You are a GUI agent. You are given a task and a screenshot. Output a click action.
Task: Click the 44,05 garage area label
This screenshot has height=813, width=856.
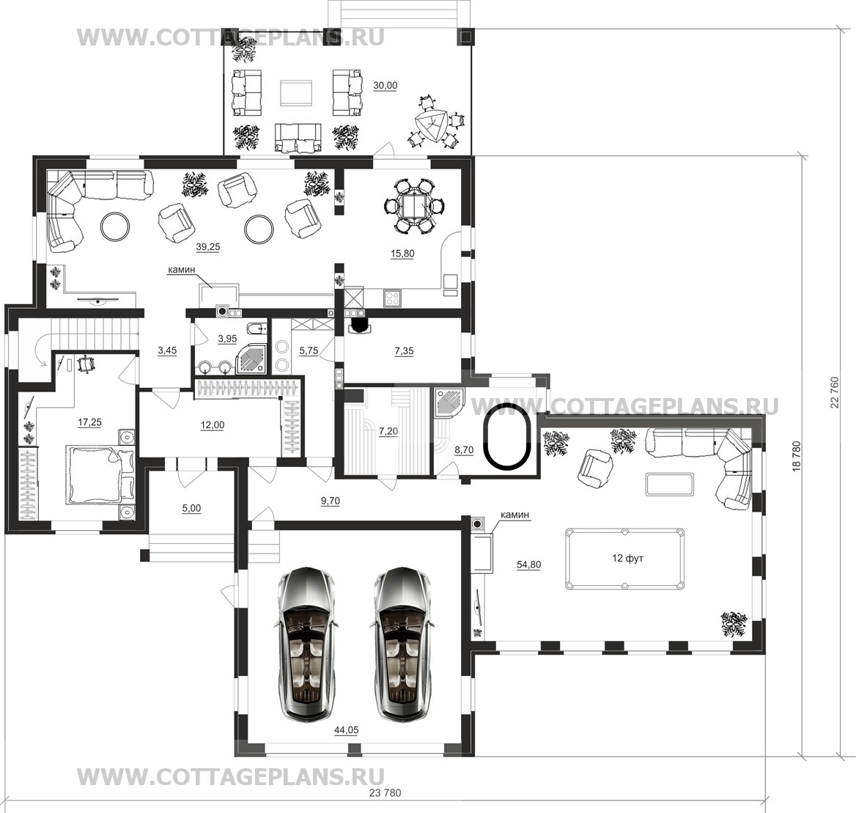point(346,730)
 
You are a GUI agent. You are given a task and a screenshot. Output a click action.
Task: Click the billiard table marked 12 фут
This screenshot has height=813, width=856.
point(624,559)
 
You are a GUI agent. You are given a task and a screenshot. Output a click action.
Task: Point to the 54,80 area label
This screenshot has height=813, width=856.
point(528,565)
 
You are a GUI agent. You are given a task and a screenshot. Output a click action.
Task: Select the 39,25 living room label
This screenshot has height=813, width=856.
point(208,247)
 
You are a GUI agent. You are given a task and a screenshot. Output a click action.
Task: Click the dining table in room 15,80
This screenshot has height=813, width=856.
point(414,207)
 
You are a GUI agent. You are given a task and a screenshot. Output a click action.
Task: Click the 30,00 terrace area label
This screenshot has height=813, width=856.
point(385,86)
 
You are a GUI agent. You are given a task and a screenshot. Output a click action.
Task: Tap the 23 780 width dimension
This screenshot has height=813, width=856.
point(385,792)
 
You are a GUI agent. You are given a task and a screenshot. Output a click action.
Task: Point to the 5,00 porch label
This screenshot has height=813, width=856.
point(191,508)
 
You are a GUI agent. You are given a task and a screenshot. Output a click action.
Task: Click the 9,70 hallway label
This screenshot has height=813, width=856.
point(331,501)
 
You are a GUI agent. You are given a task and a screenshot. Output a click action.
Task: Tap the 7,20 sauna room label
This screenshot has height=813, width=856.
point(388,431)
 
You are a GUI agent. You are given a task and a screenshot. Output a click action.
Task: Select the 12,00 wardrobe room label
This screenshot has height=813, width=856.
point(213,425)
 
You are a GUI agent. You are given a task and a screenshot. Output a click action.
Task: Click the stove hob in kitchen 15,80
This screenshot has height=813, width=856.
point(392,298)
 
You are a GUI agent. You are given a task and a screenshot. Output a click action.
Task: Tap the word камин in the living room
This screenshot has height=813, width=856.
point(181,270)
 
